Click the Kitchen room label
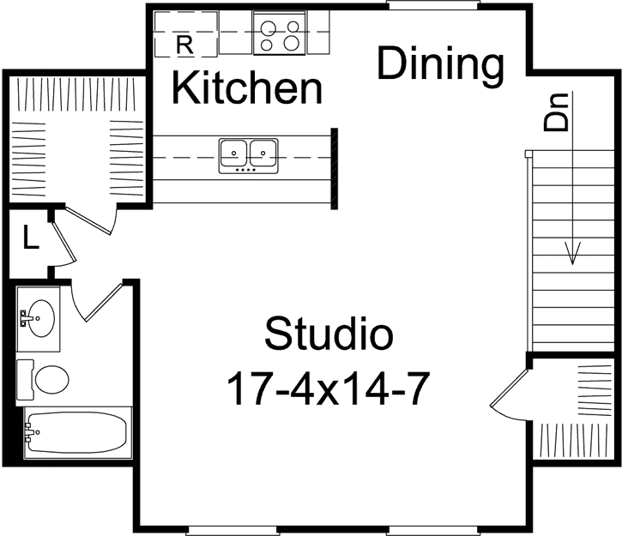coord(247,87)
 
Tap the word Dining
coord(440,65)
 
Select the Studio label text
coord(329,334)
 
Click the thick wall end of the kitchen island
coord(333,167)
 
